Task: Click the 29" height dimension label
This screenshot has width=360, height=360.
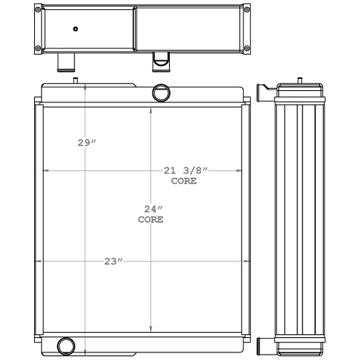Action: click(87, 143)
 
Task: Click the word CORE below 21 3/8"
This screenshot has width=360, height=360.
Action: click(183, 181)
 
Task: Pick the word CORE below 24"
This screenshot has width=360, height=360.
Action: click(151, 220)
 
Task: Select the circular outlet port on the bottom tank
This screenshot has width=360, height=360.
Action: click(67, 346)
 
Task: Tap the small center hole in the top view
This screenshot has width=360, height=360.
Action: click(75, 29)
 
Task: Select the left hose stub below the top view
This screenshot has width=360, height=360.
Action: click(66, 61)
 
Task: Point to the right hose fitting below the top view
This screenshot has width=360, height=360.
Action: click(160, 59)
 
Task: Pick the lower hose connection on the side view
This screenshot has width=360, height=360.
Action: click(263, 346)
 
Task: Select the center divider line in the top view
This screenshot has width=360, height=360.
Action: click(134, 29)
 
